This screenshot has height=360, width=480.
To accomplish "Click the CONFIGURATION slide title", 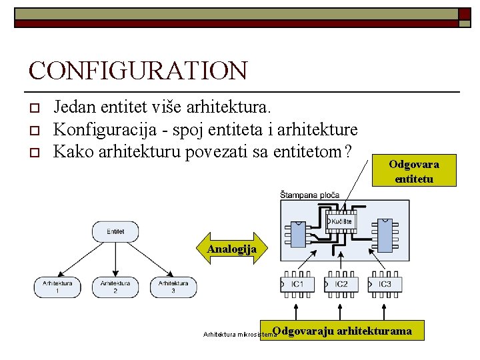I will click(x=138, y=71).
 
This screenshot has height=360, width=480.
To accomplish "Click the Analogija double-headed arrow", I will click(x=231, y=249).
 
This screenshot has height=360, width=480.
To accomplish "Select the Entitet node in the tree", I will click(x=115, y=231).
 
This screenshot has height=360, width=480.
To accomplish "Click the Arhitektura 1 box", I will click(x=57, y=287).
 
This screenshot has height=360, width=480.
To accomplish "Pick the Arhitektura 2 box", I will click(x=115, y=287).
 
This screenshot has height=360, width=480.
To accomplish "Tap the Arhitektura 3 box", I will click(x=173, y=287).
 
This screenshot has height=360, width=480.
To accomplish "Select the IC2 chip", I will click(x=341, y=285).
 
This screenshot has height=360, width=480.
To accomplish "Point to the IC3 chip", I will click(x=385, y=285).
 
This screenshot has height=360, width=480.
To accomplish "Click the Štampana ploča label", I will click(x=310, y=195).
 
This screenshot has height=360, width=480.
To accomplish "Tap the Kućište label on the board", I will click(x=341, y=221).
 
